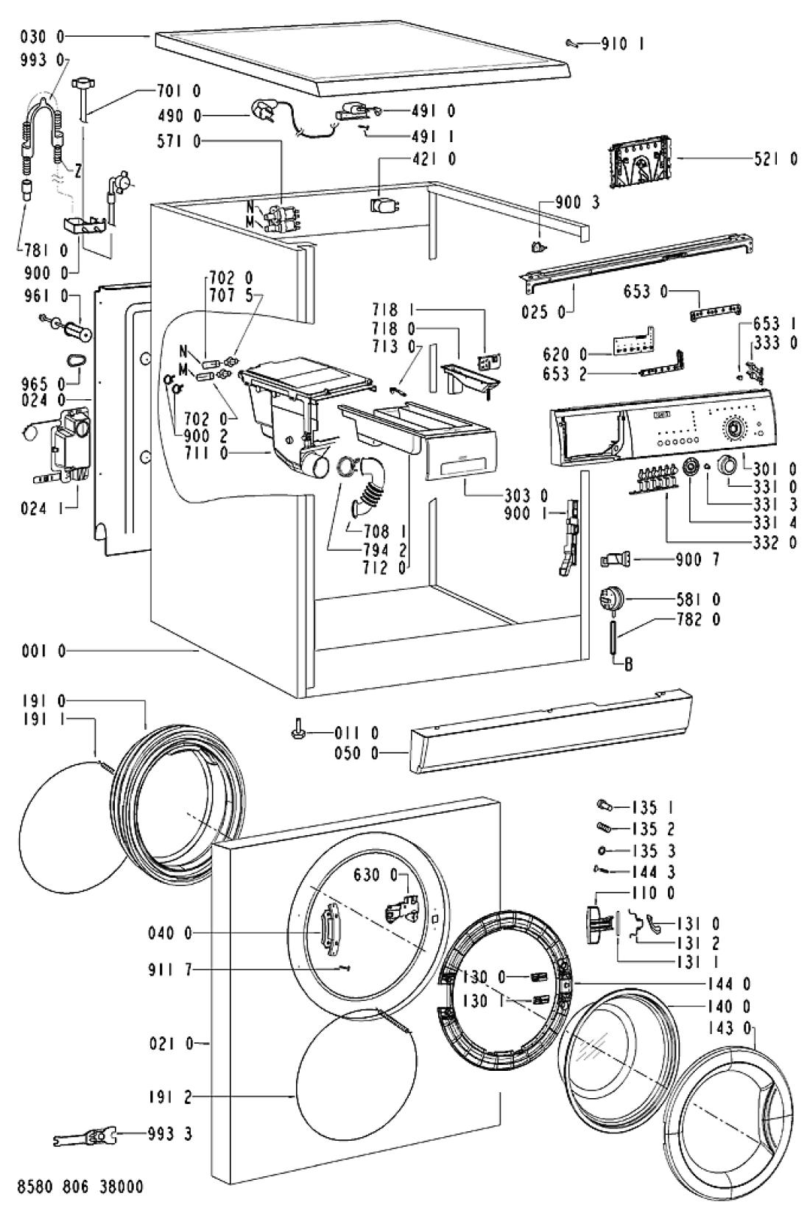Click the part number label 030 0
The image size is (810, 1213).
42,36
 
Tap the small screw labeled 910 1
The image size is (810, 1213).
574,43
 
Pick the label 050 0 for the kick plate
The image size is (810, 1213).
356,753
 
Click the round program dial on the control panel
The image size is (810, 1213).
733,429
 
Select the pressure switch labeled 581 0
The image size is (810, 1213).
611,601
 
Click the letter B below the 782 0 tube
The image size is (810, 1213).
628,664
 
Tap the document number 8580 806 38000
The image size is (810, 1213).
81,1186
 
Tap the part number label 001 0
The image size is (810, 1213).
43,651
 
